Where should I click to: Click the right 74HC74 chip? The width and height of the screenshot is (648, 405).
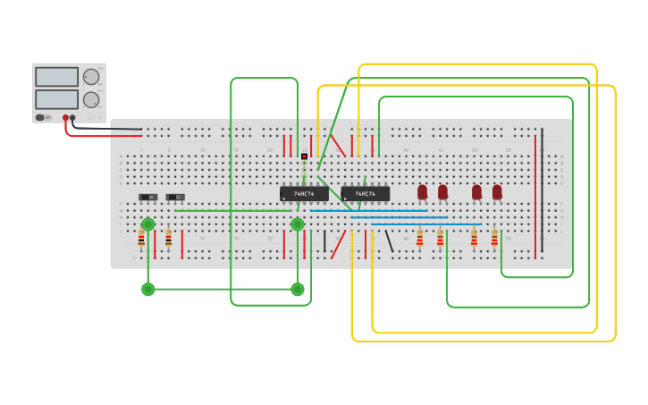(365, 193)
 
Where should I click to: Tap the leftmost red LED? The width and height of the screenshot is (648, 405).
(423, 191)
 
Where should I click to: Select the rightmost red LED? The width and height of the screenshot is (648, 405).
(497, 191)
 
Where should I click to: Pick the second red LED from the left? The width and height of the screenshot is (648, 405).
(442, 191)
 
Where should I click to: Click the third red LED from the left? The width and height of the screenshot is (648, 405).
(476, 191)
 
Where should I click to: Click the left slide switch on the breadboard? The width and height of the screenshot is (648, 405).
(148, 197)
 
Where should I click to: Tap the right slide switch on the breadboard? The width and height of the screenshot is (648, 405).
(175, 197)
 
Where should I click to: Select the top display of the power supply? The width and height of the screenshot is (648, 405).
(56, 77)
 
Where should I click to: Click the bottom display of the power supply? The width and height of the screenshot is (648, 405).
(56, 98)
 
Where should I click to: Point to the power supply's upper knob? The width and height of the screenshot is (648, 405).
(91, 77)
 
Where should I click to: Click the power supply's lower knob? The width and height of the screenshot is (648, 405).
(91, 100)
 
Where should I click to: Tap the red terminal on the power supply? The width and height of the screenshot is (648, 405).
(65, 117)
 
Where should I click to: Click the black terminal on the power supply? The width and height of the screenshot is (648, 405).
(72, 117)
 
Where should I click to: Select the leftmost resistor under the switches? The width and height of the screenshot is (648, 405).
(141, 239)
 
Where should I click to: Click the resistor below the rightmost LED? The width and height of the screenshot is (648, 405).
(494, 239)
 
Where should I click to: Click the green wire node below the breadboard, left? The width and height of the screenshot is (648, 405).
(147, 289)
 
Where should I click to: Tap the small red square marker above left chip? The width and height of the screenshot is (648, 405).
(304, 156)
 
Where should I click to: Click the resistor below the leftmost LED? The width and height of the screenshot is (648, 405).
(420, 239)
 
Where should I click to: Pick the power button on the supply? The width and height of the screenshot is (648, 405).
(41, 117)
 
